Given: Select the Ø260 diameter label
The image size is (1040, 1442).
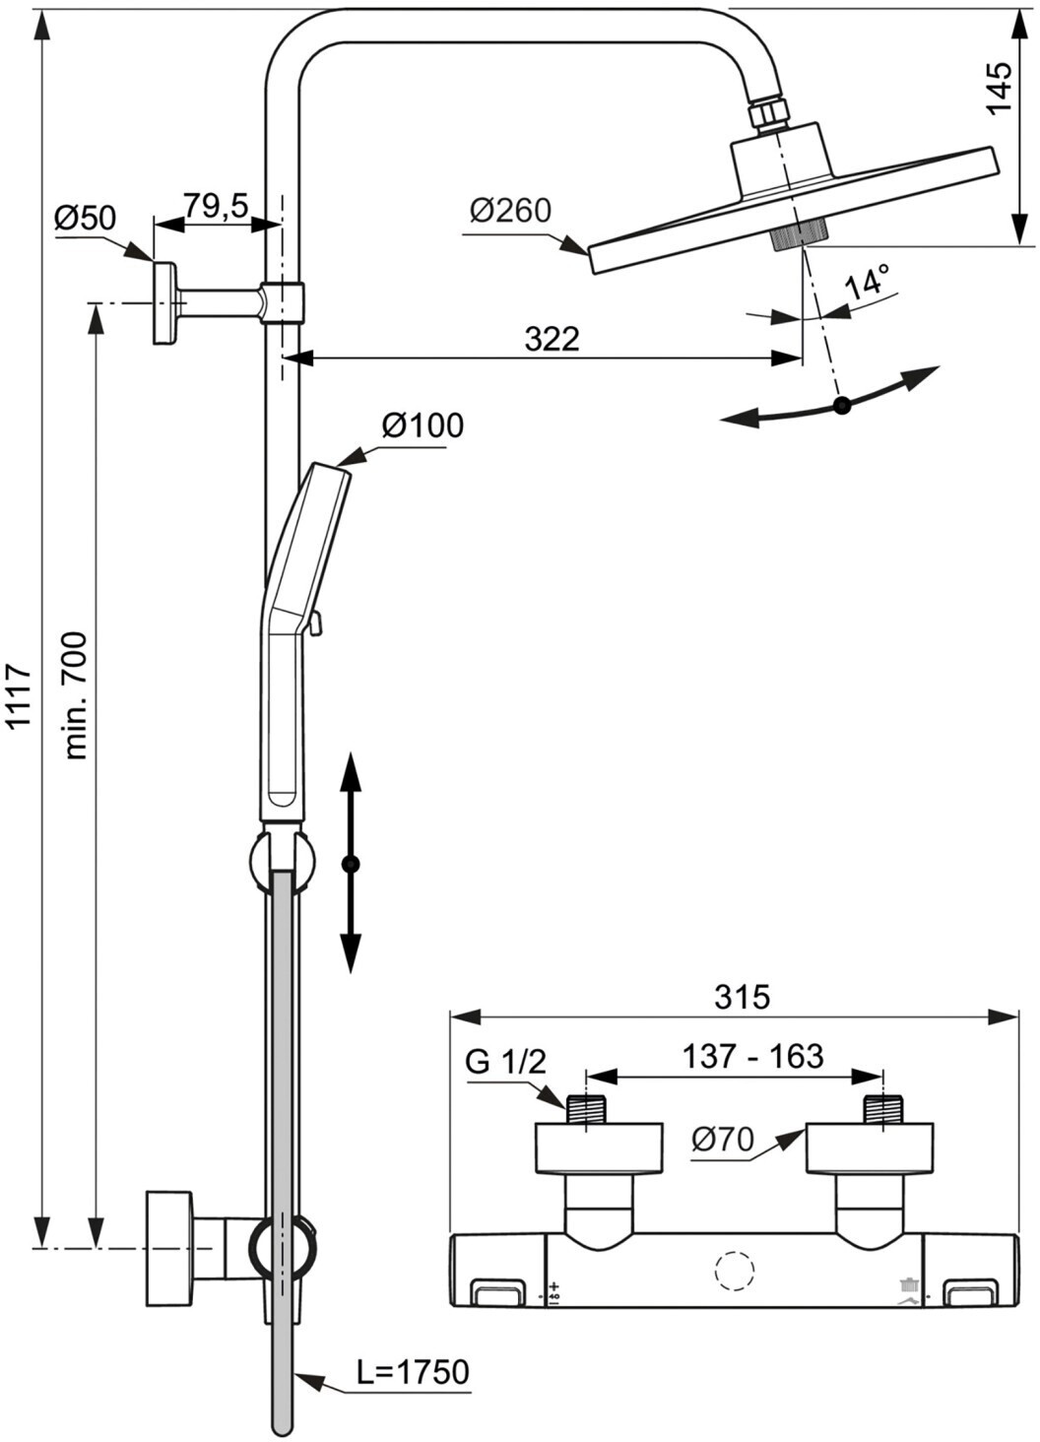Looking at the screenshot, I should [x=510, y=211].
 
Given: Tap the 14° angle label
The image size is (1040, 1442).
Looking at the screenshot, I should [x=867, y=282].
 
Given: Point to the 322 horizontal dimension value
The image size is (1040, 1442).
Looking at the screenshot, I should [x=552, y=339].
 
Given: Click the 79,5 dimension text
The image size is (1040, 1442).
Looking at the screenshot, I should [x=216, y=206].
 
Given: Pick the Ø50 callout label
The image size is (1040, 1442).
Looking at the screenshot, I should [x=85, y=218].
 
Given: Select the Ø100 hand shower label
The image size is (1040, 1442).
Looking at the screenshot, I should [x=422, y=426].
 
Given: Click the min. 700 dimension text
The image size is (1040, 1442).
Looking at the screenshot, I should [x=76, y=695].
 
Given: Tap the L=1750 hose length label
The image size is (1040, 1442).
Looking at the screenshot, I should [x=413, y=1371].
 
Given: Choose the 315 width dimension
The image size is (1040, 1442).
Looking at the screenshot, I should [x=742, y=997].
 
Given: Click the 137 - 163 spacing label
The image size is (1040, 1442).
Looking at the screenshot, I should [x=753, y=1056].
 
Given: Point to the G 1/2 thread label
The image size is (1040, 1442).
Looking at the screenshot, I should [x=505, y=1062].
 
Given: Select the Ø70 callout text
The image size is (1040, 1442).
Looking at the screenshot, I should [x=722, y=1141].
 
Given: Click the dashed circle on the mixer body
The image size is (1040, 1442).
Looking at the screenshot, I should [x=733, y=1273].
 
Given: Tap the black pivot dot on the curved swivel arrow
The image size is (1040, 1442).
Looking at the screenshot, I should [x=841, y=405].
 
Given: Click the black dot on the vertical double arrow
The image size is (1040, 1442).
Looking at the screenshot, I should [x=351, y=864].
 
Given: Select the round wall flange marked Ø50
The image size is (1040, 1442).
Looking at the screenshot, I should [x=164, y=303].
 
